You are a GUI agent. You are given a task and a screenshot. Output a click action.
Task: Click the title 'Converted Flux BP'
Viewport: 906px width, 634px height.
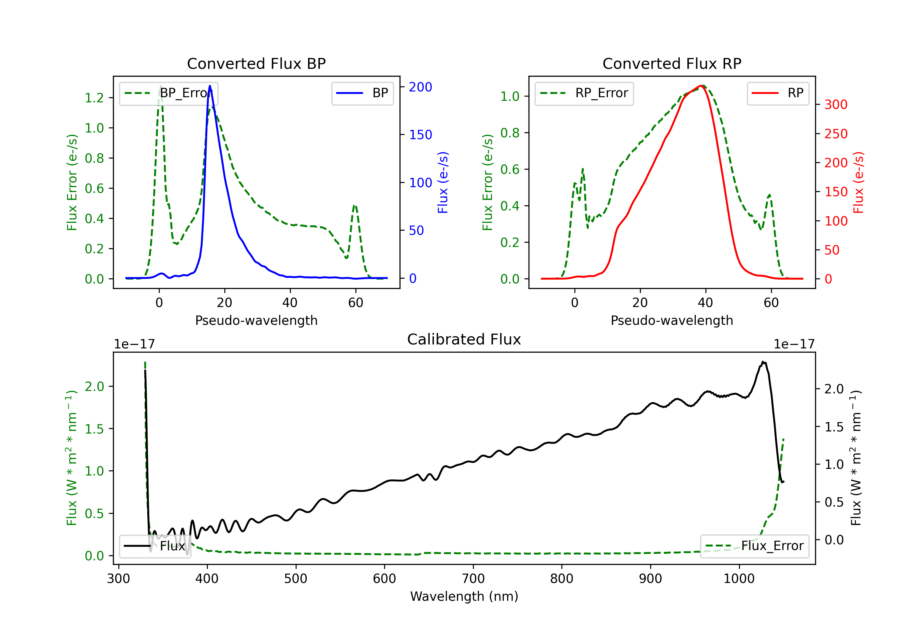tap(256, 63)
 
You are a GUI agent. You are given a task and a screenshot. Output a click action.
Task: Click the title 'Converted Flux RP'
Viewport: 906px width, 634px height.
tap(672, 63)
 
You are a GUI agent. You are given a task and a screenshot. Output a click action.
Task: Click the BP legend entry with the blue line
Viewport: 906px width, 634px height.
tap(362, 93)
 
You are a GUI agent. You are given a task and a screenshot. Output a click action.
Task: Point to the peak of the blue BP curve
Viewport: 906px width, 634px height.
tap(210, 86)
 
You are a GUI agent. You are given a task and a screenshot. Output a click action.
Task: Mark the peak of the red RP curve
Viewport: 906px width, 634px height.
tap(701, 86)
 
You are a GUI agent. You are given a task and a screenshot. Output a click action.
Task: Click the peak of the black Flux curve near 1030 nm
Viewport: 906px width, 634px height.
tap(763, 362)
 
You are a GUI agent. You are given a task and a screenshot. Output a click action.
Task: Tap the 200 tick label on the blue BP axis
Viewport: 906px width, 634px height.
tap(420, 87)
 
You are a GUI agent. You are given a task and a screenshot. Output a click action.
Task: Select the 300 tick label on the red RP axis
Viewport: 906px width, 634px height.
tap(836, 104)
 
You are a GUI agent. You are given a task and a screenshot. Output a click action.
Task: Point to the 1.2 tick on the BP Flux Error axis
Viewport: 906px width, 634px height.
tap(94, 98)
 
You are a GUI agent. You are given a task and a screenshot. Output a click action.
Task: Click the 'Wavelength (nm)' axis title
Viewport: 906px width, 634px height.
tap(464, 596)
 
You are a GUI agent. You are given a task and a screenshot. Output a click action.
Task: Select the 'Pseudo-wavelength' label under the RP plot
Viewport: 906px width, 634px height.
tap(672, 320)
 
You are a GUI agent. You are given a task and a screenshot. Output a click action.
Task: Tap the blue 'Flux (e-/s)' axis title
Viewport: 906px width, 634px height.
tap(443, 182)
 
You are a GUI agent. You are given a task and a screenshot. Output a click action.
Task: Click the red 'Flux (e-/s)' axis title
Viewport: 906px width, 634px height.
tap(858, 182)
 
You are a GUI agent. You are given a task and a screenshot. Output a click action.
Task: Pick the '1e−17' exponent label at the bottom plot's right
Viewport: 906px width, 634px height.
tap(794, 344)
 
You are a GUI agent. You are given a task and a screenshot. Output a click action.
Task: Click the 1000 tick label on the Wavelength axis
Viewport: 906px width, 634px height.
tap(739, 579)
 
